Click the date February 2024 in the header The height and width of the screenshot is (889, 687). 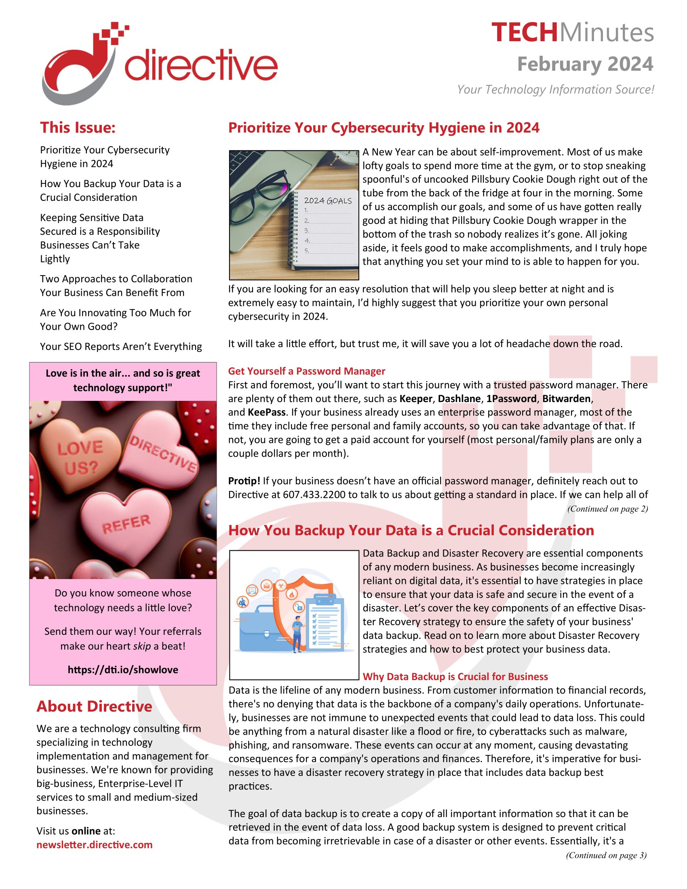pos(585,64)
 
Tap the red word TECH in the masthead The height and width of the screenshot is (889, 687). pos(524,33)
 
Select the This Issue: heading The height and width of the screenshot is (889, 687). pos(78,127)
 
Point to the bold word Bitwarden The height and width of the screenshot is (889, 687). pos(566,398)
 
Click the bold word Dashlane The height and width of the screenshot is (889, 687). pos(459,398)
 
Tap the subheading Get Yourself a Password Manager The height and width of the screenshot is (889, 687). pos(306,371)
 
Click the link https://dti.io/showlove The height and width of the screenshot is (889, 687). pos(123,670)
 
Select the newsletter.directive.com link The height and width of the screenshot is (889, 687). pos(95,845)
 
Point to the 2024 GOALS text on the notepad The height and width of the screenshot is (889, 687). pos(328,201)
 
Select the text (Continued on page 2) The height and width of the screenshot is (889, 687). pos(607,509)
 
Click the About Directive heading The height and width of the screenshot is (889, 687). pos(94,706)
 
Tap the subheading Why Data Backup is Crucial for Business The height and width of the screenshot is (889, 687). pos(455,676)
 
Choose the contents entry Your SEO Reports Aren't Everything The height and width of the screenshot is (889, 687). pos(121,346)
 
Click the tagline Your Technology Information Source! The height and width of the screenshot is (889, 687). pos(555,90)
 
